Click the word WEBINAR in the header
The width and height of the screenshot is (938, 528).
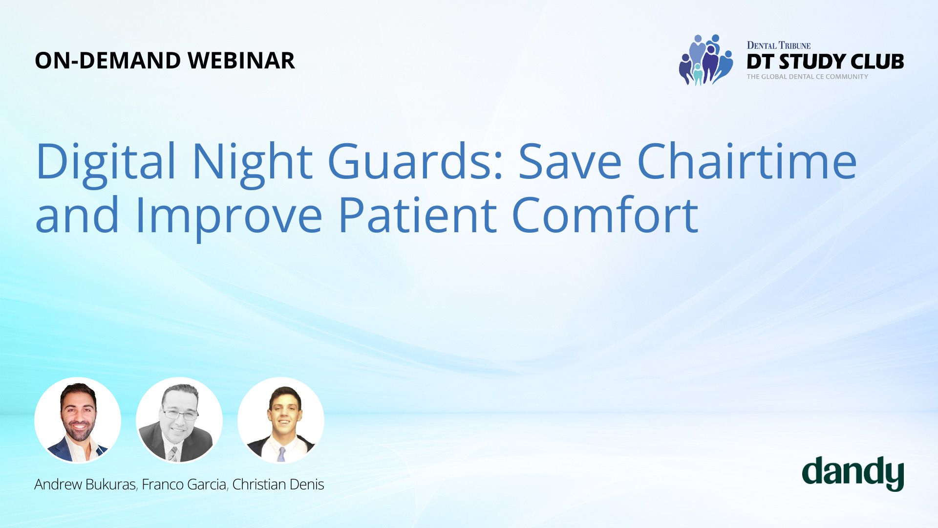click(241, 61)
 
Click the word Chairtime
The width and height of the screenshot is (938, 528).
click(747, 160)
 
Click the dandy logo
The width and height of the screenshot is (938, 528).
click(853, 474)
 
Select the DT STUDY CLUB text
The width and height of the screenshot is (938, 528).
click(825, 62)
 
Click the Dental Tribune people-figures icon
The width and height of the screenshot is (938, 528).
click(706, 60)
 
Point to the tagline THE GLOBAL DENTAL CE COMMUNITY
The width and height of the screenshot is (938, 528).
click(807, 77)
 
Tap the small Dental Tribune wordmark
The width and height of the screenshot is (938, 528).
click(779, 45)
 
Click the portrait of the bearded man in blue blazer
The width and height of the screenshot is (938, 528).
click(78, 420)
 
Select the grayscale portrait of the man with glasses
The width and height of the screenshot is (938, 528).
click(179, 420)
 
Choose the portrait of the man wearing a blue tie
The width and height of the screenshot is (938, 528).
click(281, 420)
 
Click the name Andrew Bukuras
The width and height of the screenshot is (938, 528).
click(85, 484)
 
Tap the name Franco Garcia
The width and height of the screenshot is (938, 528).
click(184, 484)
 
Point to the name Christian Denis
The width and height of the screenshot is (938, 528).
click(278, 484)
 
